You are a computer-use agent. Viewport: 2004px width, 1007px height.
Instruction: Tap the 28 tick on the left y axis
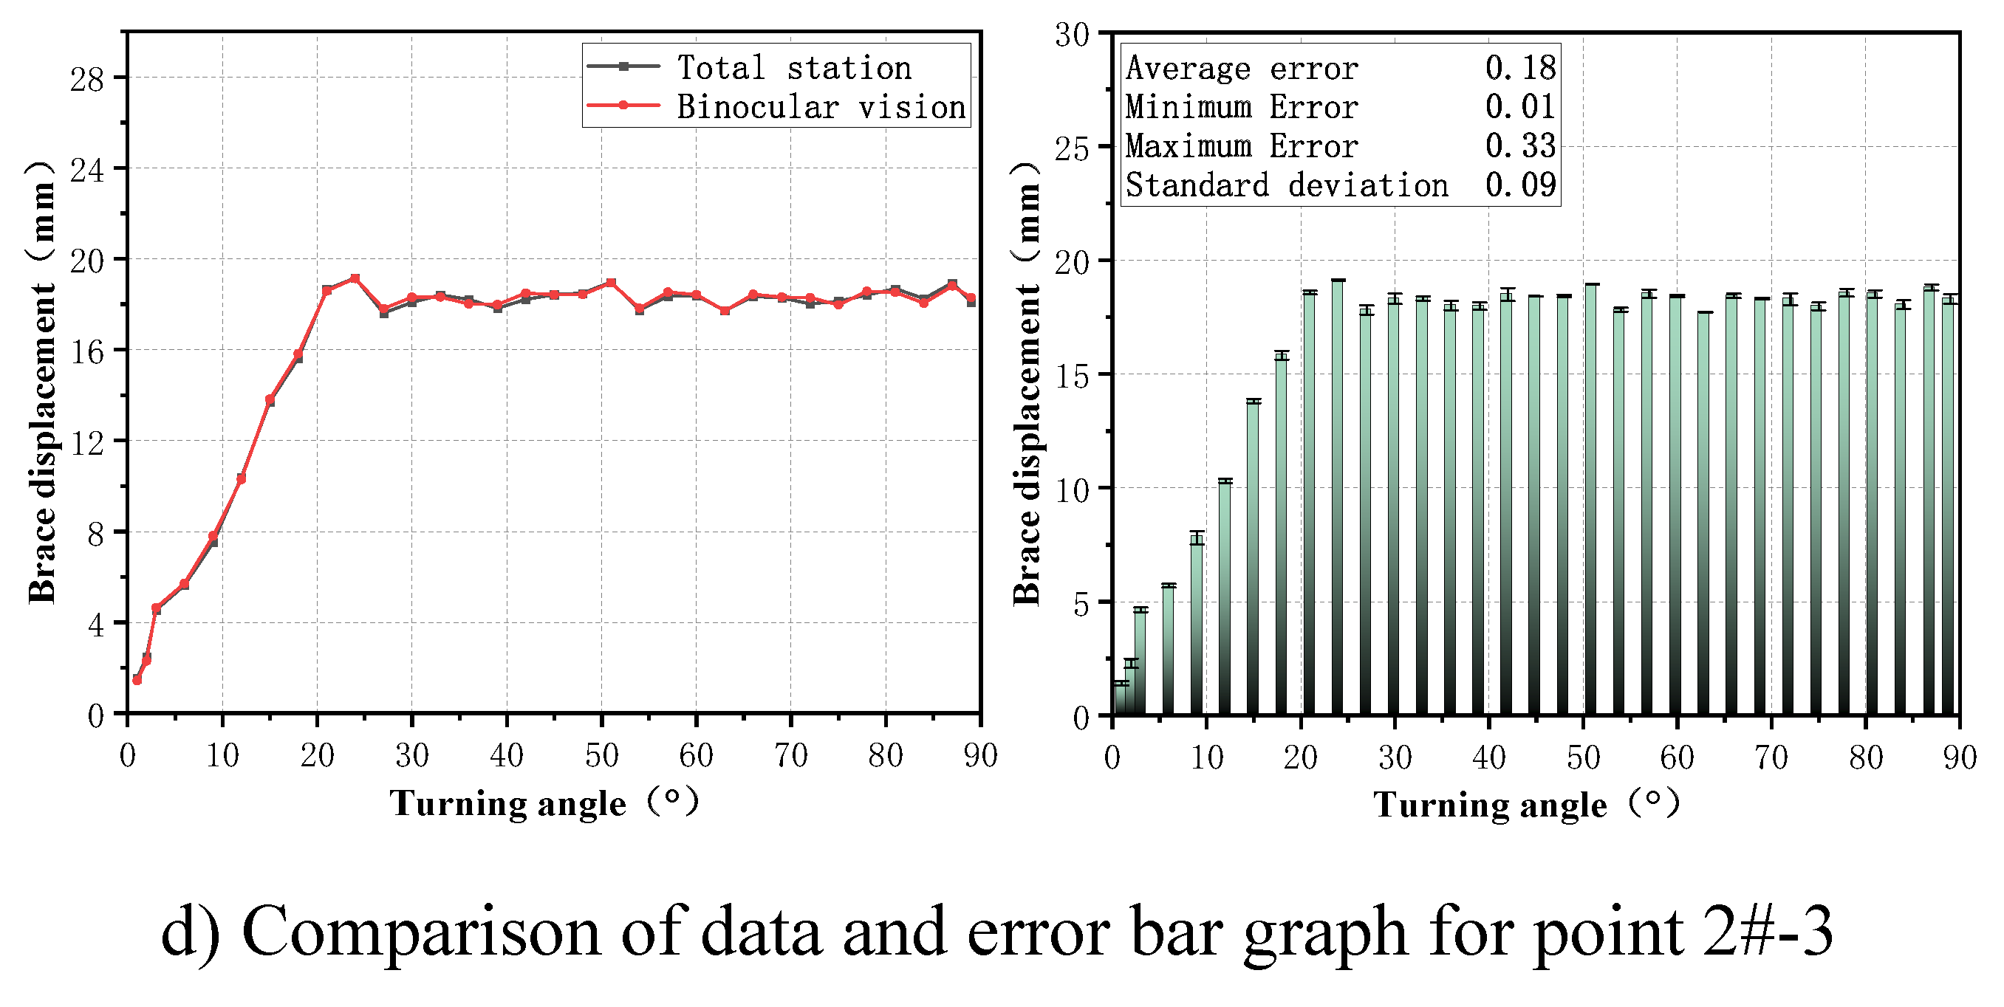coord(86,78)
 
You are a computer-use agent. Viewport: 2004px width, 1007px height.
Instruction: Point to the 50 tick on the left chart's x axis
coord(601,755)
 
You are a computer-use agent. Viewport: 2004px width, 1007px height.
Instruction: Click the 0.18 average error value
coord(1520,68)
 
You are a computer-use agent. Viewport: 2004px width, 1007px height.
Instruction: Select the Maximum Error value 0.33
coord(1520,145)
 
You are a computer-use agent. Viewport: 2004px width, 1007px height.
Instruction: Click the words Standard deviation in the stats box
coord(1287,185)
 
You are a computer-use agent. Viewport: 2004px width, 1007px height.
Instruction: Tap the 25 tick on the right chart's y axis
coord(1071,148)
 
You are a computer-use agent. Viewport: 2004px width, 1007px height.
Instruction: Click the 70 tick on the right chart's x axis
coord(1771,757)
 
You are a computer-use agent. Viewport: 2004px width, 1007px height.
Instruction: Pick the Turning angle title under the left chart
coord(507,802)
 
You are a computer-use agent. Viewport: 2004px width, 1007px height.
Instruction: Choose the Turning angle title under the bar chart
coord(1490,804)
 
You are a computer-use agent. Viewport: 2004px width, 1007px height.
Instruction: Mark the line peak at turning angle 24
coord(355,278)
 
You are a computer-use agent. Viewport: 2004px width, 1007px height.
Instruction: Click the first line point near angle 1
coord(137,680)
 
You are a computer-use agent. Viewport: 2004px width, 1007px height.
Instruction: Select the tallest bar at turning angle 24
coord(1338,498)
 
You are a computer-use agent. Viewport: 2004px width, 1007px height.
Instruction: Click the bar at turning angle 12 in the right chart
coord(1225,599)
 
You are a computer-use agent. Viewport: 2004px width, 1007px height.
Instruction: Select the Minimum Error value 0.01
coord(1520,106)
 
